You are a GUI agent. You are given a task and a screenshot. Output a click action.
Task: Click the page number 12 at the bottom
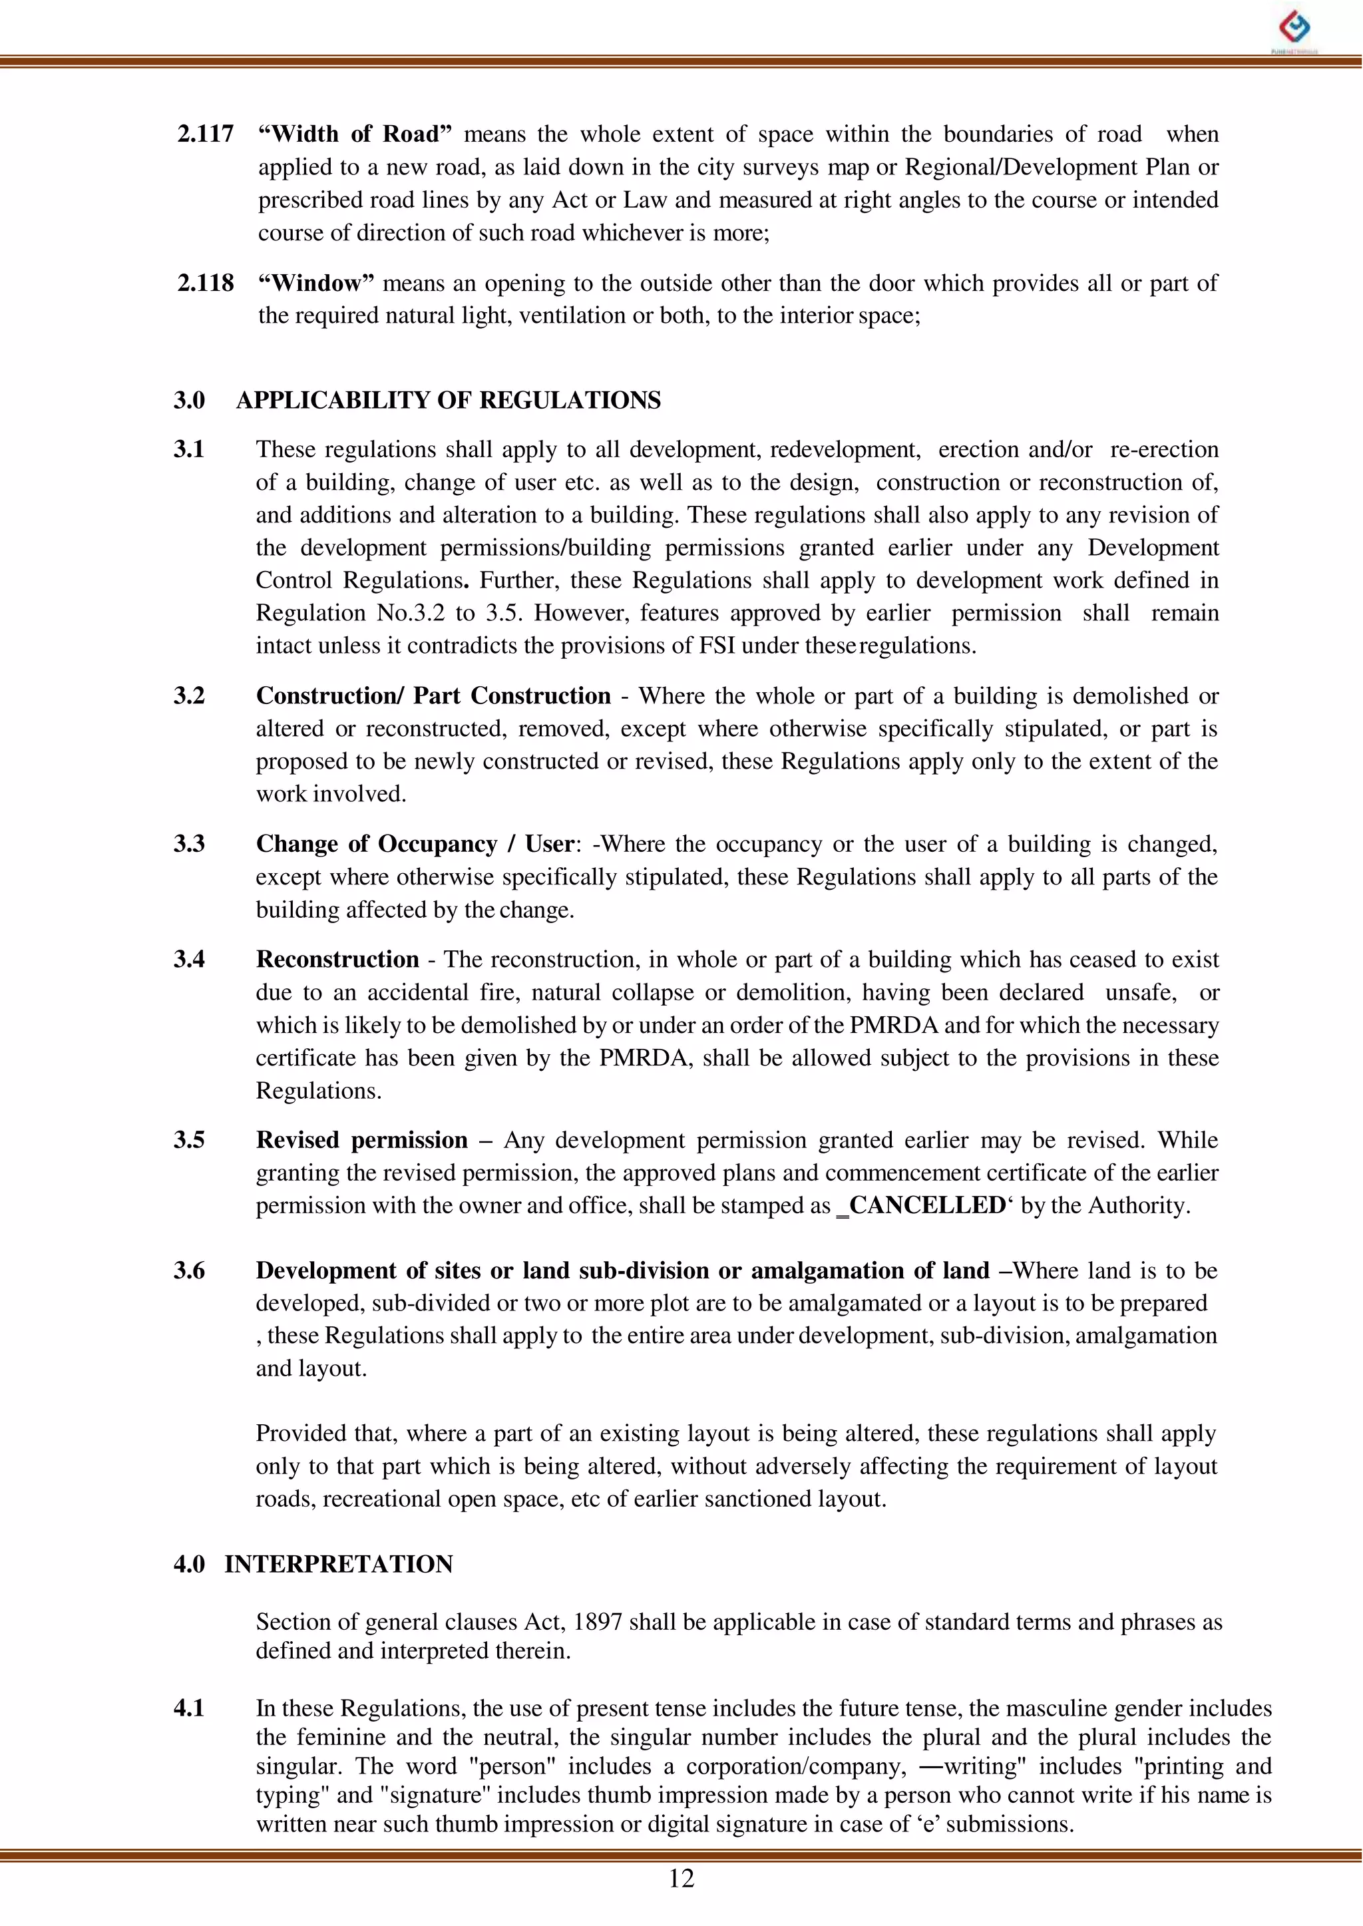click(x=681, y=1878)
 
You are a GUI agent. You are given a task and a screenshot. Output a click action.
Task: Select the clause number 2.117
click(x=205, y=134)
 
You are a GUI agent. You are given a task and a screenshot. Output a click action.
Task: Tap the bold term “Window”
click(x=315, y=283)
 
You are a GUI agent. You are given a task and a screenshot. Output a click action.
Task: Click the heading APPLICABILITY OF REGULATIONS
click(x=448, y=400)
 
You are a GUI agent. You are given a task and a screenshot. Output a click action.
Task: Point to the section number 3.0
click(x=189, y=400)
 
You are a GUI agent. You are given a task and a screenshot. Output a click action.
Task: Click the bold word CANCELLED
click(x=926, y=1205)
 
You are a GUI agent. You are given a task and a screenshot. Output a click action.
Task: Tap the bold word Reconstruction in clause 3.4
click(x=337, y=959)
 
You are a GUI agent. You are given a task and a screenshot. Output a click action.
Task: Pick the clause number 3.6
click(x=189, y=1270)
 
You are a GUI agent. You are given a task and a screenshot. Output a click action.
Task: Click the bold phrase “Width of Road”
click(x=355, y=134)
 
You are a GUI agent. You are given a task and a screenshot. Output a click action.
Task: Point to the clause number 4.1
click(x=189, y=1708)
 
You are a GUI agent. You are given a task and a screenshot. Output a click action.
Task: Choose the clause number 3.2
click(x=189, y=695)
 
